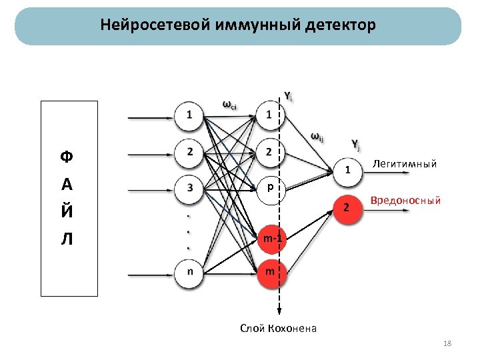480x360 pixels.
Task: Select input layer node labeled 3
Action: tap(191, 189)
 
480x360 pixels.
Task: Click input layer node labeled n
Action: tap(191, 271)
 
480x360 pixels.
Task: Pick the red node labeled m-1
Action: tap(271, 238)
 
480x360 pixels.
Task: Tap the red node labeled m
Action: tap(269, 271)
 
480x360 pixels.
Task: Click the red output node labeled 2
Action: tap(346, 209)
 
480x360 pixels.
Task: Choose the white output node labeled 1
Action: tap(347, 171)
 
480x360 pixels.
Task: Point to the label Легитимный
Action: tap(405, 163)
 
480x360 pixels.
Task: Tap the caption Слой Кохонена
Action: tap(278, 328)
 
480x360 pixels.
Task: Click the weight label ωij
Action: tap(317, 138)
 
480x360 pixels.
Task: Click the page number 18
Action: tap(447, 343)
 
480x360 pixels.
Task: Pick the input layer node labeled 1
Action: tap(191, 115)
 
